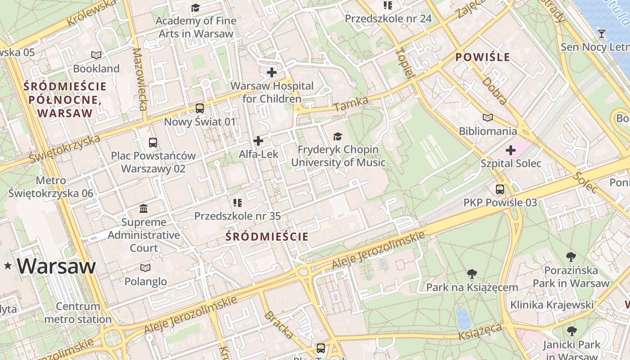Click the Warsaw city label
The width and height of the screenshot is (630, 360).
pos(57,266)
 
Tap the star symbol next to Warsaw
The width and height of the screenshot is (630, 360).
pos(8,266)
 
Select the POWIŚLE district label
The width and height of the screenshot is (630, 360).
pos(483,57)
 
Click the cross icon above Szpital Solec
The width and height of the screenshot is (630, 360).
pos(511,150)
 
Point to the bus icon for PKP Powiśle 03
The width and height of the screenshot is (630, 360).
pos(500,189)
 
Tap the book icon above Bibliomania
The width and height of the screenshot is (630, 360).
pos(488,118)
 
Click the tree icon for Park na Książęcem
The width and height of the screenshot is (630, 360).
pos(472,274)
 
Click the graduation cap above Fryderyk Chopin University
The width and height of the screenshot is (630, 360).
pos(338,137)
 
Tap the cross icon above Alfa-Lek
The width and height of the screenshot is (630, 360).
pos(258,141)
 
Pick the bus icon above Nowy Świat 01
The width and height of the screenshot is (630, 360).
pos(199,108)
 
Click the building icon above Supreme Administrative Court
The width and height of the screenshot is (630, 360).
pos(144,209)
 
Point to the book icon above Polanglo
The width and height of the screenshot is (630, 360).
pos(145,268)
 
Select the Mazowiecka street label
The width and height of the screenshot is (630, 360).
pos(140,79)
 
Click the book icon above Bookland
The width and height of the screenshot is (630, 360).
pos(96,55)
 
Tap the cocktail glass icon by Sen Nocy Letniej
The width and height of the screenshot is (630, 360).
pos(602,34)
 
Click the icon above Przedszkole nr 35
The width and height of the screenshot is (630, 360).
pos(238,203)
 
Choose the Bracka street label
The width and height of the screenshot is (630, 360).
pos(279,324)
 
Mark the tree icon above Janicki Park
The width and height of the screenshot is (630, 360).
pos(571,332)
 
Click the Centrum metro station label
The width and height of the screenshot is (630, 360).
pos(78,313)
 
